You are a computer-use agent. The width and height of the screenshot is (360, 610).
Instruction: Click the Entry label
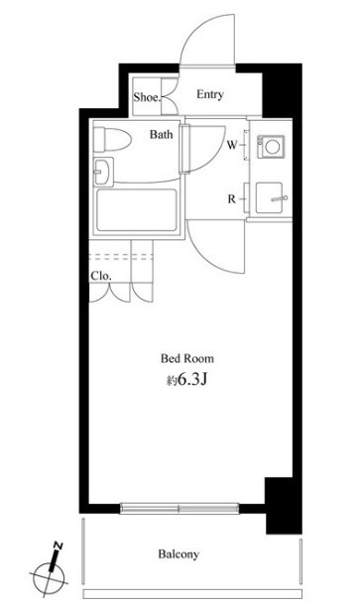[209, 95]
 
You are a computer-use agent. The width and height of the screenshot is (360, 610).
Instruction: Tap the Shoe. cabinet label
[147, 96]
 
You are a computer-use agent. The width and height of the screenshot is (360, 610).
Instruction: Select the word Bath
[164, 134]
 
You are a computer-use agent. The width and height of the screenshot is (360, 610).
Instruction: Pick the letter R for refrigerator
[231, 198]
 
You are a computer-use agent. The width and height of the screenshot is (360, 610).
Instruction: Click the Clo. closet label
[100, 275]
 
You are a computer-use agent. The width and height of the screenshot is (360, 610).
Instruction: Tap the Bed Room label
[187, 358]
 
